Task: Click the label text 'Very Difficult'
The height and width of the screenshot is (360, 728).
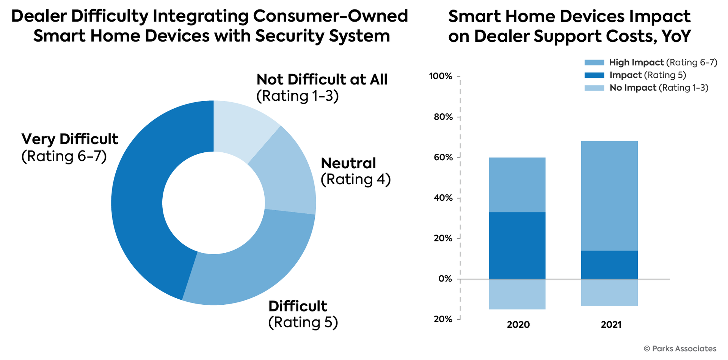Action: click(70, 139)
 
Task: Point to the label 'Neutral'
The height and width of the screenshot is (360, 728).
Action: click(348, 163)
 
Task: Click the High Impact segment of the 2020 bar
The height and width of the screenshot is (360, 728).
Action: click(517, 185)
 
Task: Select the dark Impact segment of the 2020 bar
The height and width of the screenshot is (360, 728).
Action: click(517, 246)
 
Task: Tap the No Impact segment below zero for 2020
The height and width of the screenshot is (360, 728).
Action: click(517, 294)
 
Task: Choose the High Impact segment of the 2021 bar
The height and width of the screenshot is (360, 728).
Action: click(609, 196)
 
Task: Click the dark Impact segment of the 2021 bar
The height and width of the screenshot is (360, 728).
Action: click(609, 265)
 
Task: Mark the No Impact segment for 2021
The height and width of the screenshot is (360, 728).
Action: click(609, 293)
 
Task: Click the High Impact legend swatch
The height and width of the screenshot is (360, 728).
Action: click(594, 63)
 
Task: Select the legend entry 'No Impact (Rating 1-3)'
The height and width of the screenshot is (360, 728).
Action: click(659, 88)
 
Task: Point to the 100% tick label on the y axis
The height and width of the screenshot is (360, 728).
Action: click(441, 76)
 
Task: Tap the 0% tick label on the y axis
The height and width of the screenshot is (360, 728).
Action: click(445, 279)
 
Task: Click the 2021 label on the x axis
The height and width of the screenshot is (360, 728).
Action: click(611, 325)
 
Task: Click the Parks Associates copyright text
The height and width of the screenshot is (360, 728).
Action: click(680, 349)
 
